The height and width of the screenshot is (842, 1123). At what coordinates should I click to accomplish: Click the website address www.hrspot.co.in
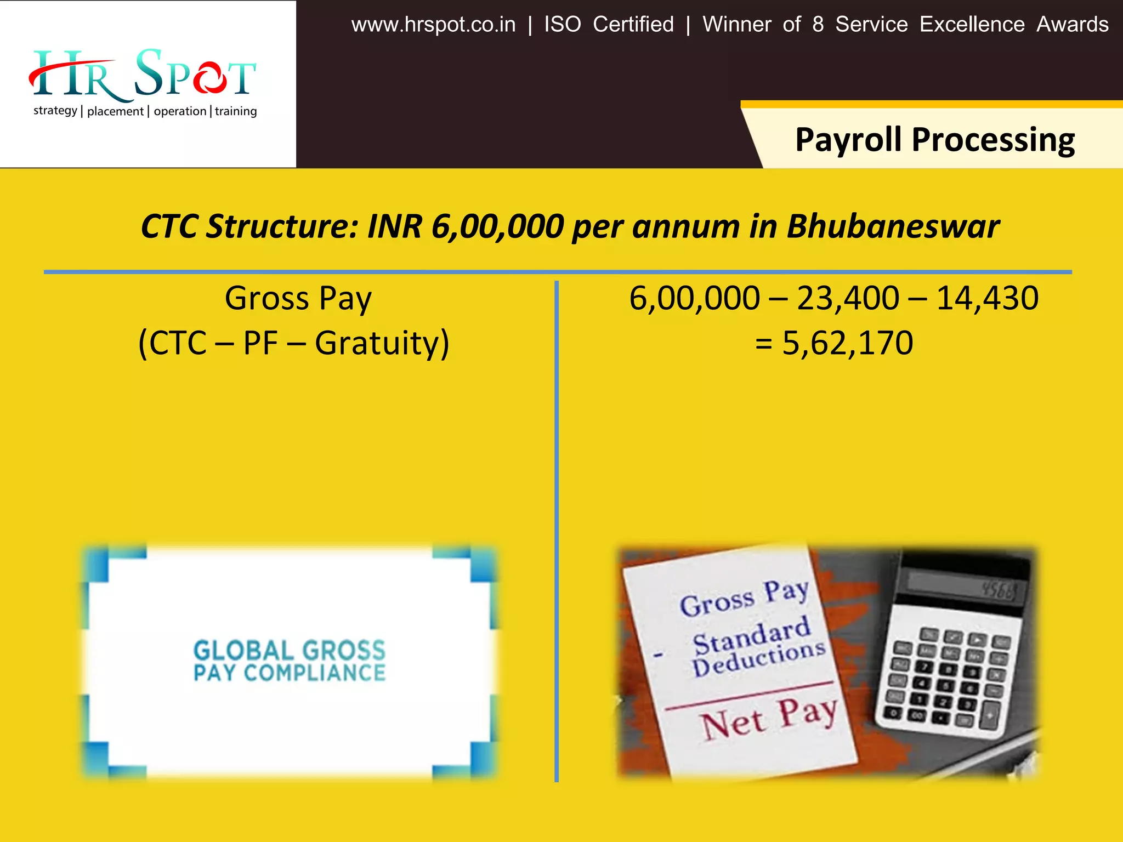pyautogui.click(x=433, y=25)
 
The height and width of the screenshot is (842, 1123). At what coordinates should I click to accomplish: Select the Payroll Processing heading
pyautogui.click(x=934, y=140)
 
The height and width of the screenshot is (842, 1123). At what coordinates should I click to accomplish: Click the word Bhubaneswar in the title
pyautogui.click(x=893, y=226)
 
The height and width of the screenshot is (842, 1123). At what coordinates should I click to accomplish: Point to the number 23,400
pyautogui.click(x=848, y=299)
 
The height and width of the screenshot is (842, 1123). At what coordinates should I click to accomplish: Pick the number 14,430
pyautogui.click(x=987, y=299)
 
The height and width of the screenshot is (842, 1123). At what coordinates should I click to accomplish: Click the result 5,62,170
pyautogui.click(x=847, y=344)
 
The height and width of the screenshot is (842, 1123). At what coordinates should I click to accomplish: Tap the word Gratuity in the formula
pyautogui.click(x=382, y=344)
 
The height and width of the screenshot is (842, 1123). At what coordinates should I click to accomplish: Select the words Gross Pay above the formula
pyautogui.click(x=298, y=299)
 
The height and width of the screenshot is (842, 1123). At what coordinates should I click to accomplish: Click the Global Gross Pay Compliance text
pyautogui.click(x=290, y=661)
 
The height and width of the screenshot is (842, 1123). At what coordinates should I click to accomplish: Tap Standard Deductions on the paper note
pyautogui.click(x=757, y=647)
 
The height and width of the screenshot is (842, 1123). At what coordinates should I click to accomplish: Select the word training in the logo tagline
pyautogui.click(x=236, y=111)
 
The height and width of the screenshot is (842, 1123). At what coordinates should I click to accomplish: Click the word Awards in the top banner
pyautogui.click(x=1072, y=25)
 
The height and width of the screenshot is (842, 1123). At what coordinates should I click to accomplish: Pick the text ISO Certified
pyautogui.click(x=609, y=25)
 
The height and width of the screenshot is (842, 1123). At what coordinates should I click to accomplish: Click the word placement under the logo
pyautogui.click(x=115, y=111)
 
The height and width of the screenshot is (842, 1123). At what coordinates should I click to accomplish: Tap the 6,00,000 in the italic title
pyautogui.click(x=497, y=226)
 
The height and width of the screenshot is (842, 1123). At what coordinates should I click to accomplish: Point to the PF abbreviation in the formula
pyautogui.click(x=260, y=344)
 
